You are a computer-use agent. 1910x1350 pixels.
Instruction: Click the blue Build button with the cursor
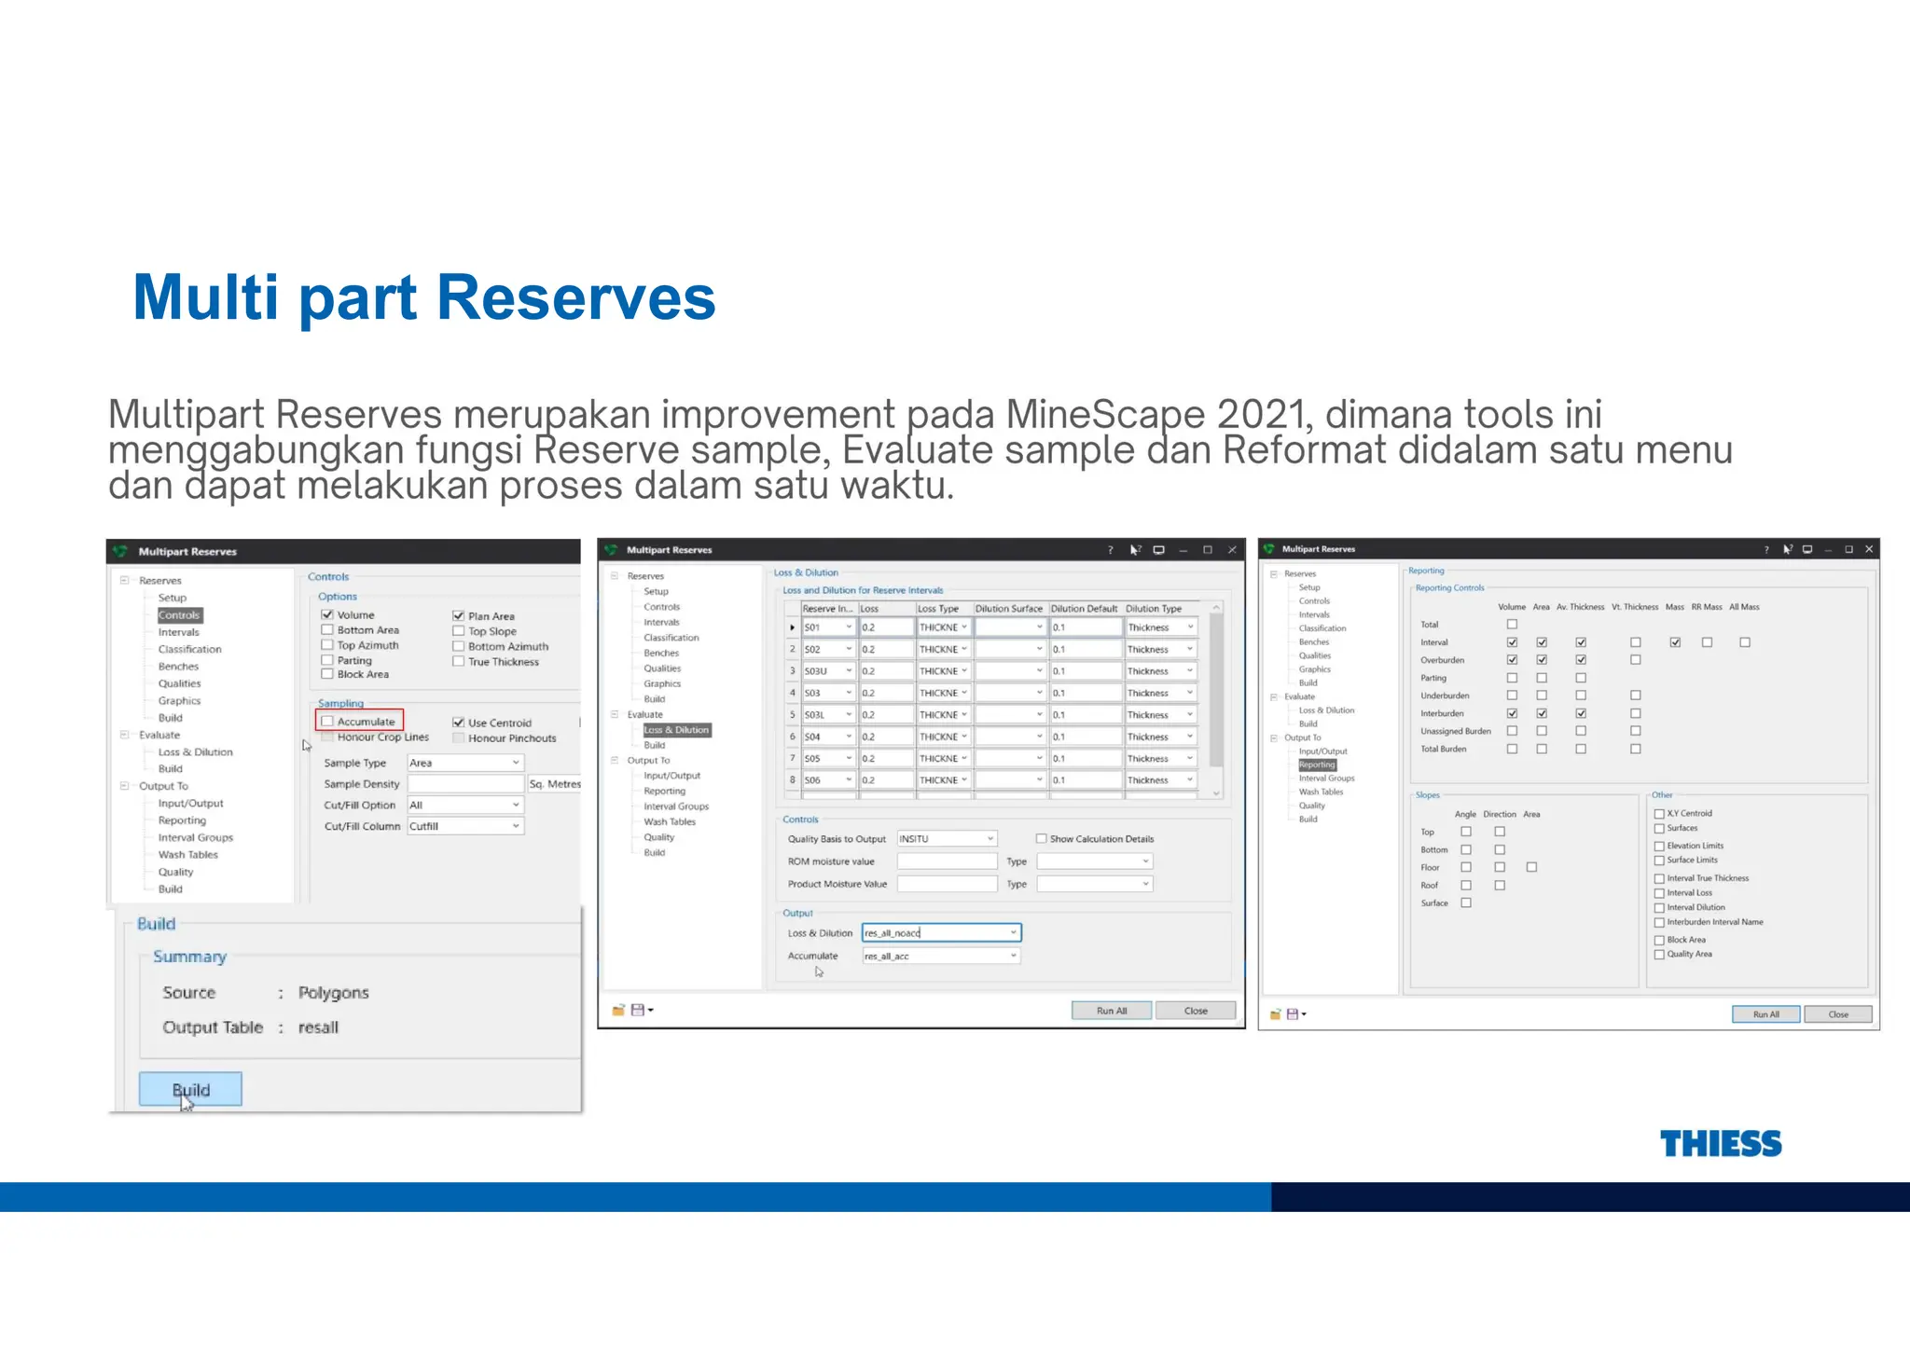point(190,1089)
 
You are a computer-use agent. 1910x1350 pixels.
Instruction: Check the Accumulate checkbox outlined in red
point(327,722)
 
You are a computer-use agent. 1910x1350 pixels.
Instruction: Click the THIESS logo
point(1720,1143)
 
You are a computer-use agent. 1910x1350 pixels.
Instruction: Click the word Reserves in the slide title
point(575,297)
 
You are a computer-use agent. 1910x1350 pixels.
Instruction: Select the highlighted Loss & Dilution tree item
point(676,730)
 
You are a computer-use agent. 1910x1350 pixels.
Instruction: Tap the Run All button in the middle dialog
point(1112,1011)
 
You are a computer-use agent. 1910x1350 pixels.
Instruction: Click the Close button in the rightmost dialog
point(1837,1014)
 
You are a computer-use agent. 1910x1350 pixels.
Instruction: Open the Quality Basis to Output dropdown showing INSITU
point(947,839)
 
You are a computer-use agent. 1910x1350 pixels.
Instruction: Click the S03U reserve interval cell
point(826,671)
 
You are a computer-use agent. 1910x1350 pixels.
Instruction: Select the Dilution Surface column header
point(1008,609)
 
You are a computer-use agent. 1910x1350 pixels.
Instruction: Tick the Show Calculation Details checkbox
point(1042,839)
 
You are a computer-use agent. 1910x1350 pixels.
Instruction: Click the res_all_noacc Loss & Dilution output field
point(940,933)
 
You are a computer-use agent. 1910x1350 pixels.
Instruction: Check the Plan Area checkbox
point(459,616)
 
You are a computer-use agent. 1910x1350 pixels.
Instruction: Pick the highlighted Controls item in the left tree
point(179,615)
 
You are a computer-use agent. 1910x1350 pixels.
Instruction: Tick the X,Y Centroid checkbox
point(1659,814)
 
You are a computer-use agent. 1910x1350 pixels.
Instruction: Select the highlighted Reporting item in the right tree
point(1317,765)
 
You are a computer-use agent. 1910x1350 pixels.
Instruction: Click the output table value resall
point(318,1027)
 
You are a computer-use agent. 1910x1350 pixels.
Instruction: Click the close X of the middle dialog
point(1232,550)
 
